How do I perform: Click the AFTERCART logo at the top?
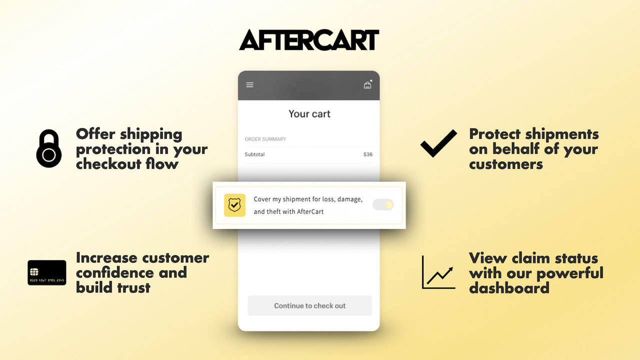coord(309,40)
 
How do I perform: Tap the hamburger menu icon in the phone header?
coord(250,85)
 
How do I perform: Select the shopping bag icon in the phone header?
coord(367,85)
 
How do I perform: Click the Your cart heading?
coord(309,114)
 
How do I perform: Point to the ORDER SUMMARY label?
coord(265,139)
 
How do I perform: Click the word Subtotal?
coord(254,154)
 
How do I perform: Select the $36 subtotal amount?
coord(367,154)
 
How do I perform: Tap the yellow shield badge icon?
coord(234,205)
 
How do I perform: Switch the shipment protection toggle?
coord(383,204)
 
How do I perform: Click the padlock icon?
coord(48,148)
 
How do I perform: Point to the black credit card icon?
coord(47,272)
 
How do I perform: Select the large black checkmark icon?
coord(438,143)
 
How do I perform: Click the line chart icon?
coord(438,272)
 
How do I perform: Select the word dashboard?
coord(509,287)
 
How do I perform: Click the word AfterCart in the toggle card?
coord(310,211)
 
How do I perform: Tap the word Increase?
coord(106,258)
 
